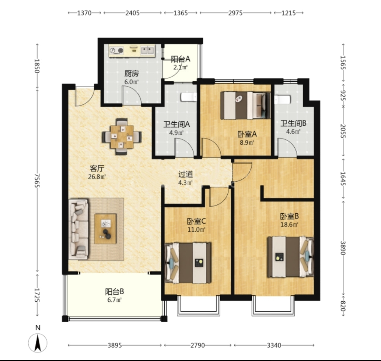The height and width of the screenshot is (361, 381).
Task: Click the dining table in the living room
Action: click(122, 136)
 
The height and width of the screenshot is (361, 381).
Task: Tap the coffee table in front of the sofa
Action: click(105, 229)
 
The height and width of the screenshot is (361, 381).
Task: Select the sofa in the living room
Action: click(78, 229)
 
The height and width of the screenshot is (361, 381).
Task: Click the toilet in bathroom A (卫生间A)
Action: click(189, 97)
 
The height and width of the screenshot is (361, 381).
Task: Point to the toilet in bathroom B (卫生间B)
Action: click(282, 100)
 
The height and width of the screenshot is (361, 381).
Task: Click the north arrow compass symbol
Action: click(38, 342)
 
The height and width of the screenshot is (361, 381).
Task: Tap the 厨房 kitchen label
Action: click(131, 73)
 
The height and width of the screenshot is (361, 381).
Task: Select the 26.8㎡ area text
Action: click(97, 177)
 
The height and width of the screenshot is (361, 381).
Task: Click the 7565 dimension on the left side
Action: click(37, 180)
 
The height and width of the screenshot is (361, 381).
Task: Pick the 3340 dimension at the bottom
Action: click(274, 345)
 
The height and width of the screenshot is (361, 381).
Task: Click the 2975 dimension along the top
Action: click(235, 13)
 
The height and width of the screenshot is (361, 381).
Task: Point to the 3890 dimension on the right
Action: click(343, 248)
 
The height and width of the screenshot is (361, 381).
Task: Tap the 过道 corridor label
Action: click(186, 174)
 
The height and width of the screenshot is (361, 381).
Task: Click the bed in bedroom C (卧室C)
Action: click(188, 263)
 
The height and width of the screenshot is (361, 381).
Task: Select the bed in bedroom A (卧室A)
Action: click(246, 106)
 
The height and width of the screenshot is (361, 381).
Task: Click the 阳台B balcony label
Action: click(115, 291)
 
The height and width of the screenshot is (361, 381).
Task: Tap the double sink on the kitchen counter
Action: click(147, 51)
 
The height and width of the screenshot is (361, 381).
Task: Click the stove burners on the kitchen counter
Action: click(116, 51)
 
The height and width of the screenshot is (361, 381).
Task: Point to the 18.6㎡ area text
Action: click(289, 225)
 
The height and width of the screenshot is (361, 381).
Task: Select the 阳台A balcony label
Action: click(180, 59)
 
